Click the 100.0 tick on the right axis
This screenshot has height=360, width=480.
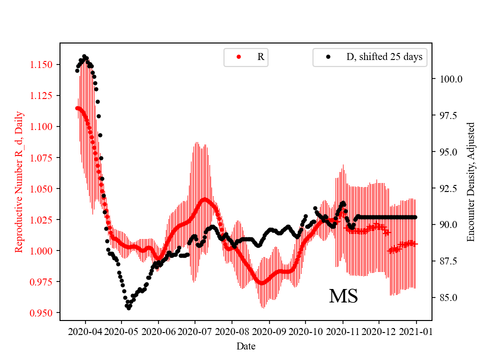[451, 79]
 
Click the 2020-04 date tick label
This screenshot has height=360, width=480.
[84, 331]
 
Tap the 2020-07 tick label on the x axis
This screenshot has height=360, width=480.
[195, 331]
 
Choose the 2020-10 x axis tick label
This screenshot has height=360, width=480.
[305, 331]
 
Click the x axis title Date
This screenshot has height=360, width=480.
[245, 345]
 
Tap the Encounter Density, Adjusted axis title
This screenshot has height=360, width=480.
[470, 182]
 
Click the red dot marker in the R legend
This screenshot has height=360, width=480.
[238, 57]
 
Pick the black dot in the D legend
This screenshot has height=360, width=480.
[328, 57]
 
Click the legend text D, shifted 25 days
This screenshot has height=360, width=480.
[384, 57]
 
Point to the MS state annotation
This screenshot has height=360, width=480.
[343, 296]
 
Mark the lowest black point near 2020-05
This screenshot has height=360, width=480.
[128, 308]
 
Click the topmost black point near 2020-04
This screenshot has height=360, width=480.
[84, 56]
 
